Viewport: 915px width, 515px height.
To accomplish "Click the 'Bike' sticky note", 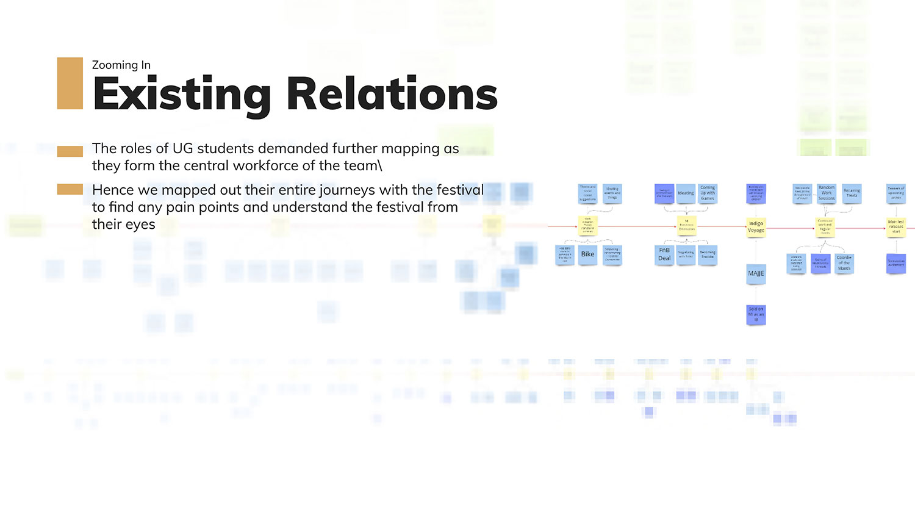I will tap(587, 254).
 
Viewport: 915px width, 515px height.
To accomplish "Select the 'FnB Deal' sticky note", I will tap(664, 254).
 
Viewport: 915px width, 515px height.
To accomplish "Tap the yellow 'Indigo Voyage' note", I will tap(756, 227).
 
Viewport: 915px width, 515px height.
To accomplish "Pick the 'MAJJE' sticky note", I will tap(756, 273).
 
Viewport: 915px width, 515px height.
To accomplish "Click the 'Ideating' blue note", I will tap(686, 193).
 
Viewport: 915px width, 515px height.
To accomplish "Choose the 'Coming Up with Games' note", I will tap(708, 193).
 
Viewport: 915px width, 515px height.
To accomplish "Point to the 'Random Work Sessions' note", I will tap(827, 193).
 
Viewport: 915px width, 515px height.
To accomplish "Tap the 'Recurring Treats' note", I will tap(852, 193).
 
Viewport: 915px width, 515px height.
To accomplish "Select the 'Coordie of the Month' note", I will tap(844, 263).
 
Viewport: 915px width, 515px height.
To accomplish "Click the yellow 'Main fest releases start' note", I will tap(895, 226).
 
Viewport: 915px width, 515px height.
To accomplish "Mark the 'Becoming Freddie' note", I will tap(708, 254).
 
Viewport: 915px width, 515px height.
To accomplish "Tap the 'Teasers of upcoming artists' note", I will tap(895, 193).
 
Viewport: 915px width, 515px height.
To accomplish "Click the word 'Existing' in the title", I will tap(182, 95).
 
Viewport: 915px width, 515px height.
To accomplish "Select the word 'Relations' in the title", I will tap(392, 95).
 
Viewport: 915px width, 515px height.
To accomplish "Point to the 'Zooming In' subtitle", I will tap(121, 65).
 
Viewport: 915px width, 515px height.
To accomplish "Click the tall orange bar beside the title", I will tap(70, 84).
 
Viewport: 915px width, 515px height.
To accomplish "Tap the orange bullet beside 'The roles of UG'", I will tap(70, 151).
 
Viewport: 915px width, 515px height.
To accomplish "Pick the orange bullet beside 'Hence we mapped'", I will tap(70, 190).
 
